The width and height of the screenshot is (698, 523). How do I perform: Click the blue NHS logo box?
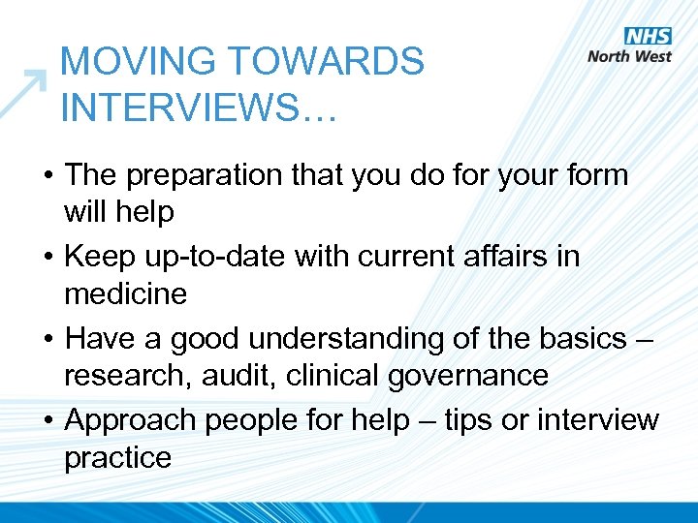point(648,36)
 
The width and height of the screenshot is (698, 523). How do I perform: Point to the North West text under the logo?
point(629,56)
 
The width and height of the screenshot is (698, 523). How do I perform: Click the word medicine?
point(125,292)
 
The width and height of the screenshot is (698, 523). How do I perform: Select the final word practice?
point(117,457)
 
